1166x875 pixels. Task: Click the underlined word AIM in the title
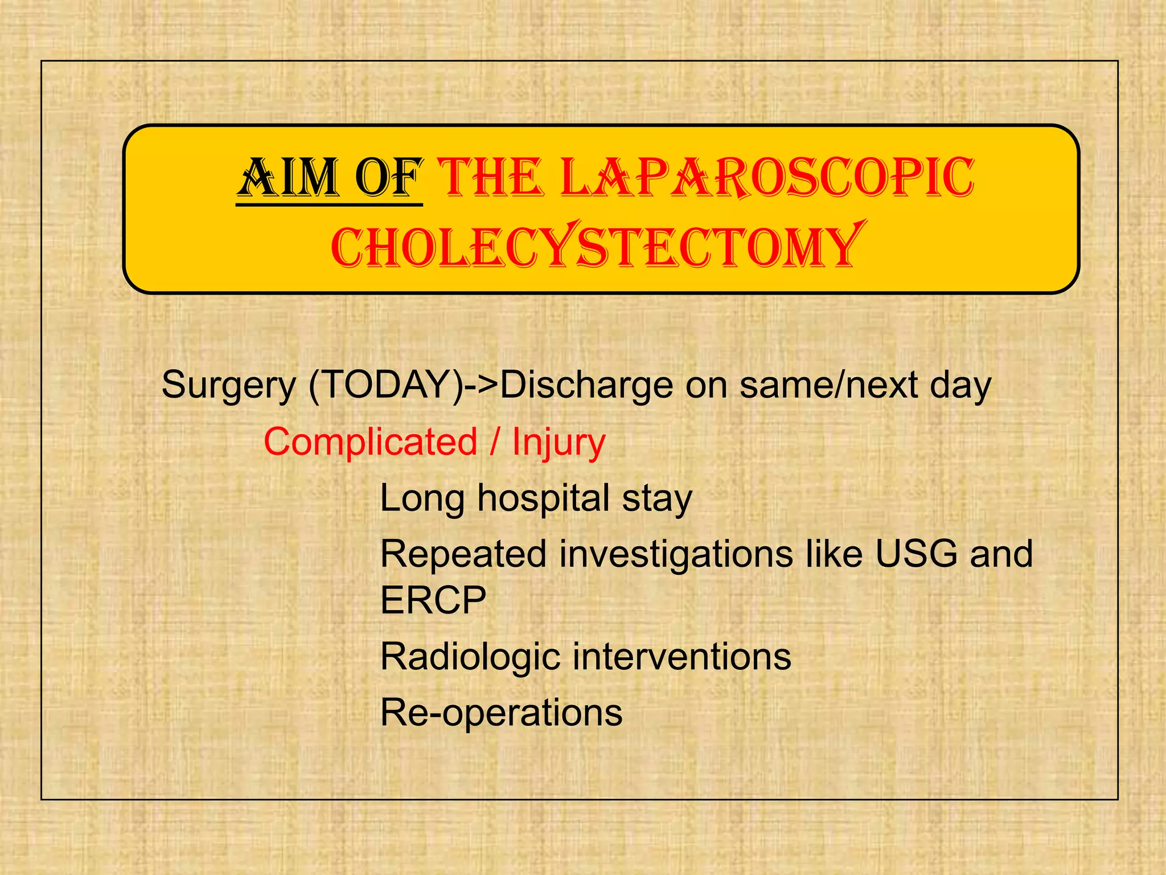point(288,178)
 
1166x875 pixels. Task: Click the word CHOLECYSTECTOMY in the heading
point(595,247)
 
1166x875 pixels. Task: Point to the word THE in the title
point(491,178)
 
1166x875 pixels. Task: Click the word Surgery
point(228,386)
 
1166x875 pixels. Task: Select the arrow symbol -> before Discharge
point(482,386)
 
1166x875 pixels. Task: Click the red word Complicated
point(370,442)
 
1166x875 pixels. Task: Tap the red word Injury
point(559,442)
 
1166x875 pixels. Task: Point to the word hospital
point(543,498)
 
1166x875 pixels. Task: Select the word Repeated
point(463,554)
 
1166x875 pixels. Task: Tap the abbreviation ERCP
point(433,600)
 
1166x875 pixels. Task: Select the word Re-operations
point(501,713)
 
